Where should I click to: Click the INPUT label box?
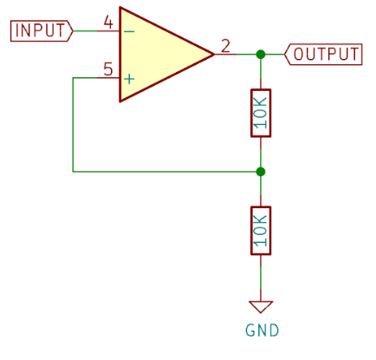(42, 31)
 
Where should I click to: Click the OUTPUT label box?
(323, 55)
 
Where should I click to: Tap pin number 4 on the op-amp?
(108, 23)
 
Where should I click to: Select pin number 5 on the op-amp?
(108, 69)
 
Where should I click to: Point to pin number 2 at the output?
(225, 46)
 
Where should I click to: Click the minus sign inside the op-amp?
(129, 31)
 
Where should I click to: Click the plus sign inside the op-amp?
(129, 79)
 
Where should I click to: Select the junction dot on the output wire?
(261, 54)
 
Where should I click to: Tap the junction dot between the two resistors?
(261, 172)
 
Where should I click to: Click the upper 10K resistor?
(261, 113)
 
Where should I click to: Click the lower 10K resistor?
(261, 231)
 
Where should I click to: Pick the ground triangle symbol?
(261, 306)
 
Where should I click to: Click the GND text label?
(263, 331)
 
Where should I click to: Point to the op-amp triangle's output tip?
(214, 54)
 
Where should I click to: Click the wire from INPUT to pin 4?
(85, 30)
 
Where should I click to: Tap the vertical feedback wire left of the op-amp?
(73, 125)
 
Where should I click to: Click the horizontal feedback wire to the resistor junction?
(166, 172)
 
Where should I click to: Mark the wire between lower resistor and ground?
(261, 278)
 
